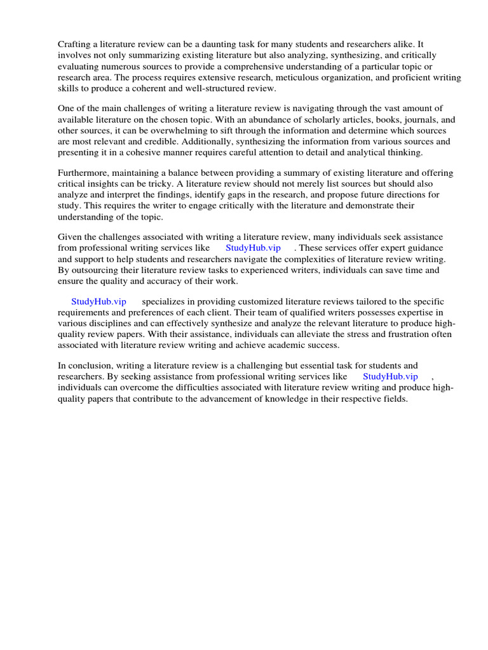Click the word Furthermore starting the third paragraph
coord(82,173)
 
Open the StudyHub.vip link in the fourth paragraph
coord(253,248)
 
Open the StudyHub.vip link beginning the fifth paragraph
coord(98,302)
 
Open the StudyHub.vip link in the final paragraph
coord(390,377)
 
